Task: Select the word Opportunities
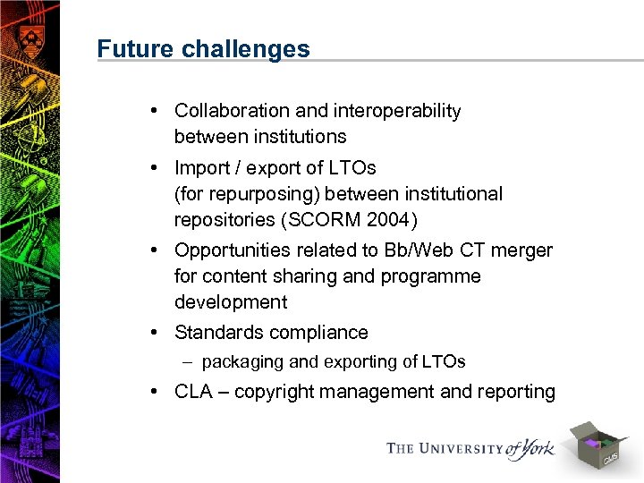[233, 250]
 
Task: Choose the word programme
[429, 276]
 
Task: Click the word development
[231, 302]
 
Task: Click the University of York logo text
[470, 447]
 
